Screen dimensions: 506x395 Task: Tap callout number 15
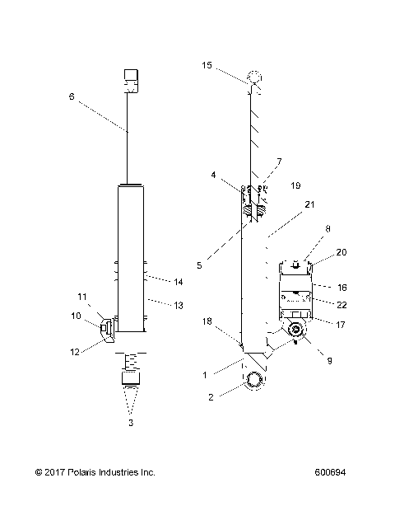[x=207, y=64]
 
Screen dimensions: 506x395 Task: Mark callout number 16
[x=342, y=288]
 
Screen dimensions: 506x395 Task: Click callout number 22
[x=342, y=306]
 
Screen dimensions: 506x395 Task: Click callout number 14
[x=178, y=282]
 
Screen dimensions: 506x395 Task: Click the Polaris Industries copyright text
[x=95, y=472]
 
